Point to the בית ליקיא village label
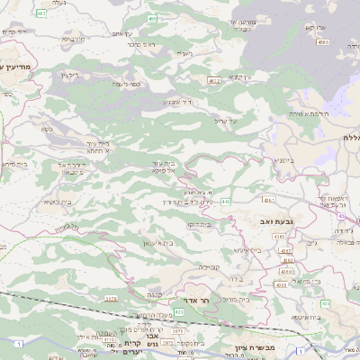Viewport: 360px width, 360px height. pos(56,202)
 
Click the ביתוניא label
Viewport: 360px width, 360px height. pos(283,160)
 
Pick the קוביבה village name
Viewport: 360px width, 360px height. pos(209,266)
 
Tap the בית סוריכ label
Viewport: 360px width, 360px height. pos(235,299)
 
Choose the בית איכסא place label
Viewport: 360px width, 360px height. pos(303,316)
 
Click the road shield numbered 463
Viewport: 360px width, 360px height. pos(42,13)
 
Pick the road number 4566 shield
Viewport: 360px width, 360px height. pos(322,42)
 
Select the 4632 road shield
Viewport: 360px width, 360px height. pos(213,81)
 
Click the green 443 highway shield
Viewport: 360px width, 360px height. pos(224,201)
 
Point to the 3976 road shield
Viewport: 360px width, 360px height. pos(112,298)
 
